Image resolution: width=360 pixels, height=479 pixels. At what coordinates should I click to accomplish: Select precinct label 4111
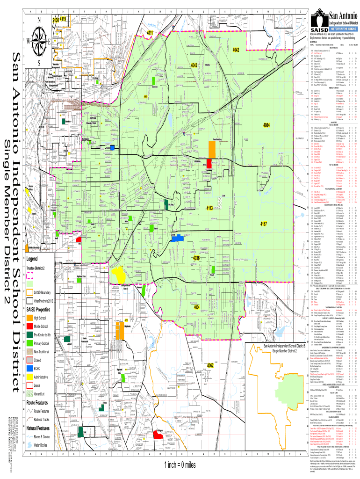[151, 33]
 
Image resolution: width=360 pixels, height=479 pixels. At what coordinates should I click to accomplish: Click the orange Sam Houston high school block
[211, 149]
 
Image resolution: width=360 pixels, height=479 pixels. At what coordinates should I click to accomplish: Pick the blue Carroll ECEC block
[177, 238]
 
